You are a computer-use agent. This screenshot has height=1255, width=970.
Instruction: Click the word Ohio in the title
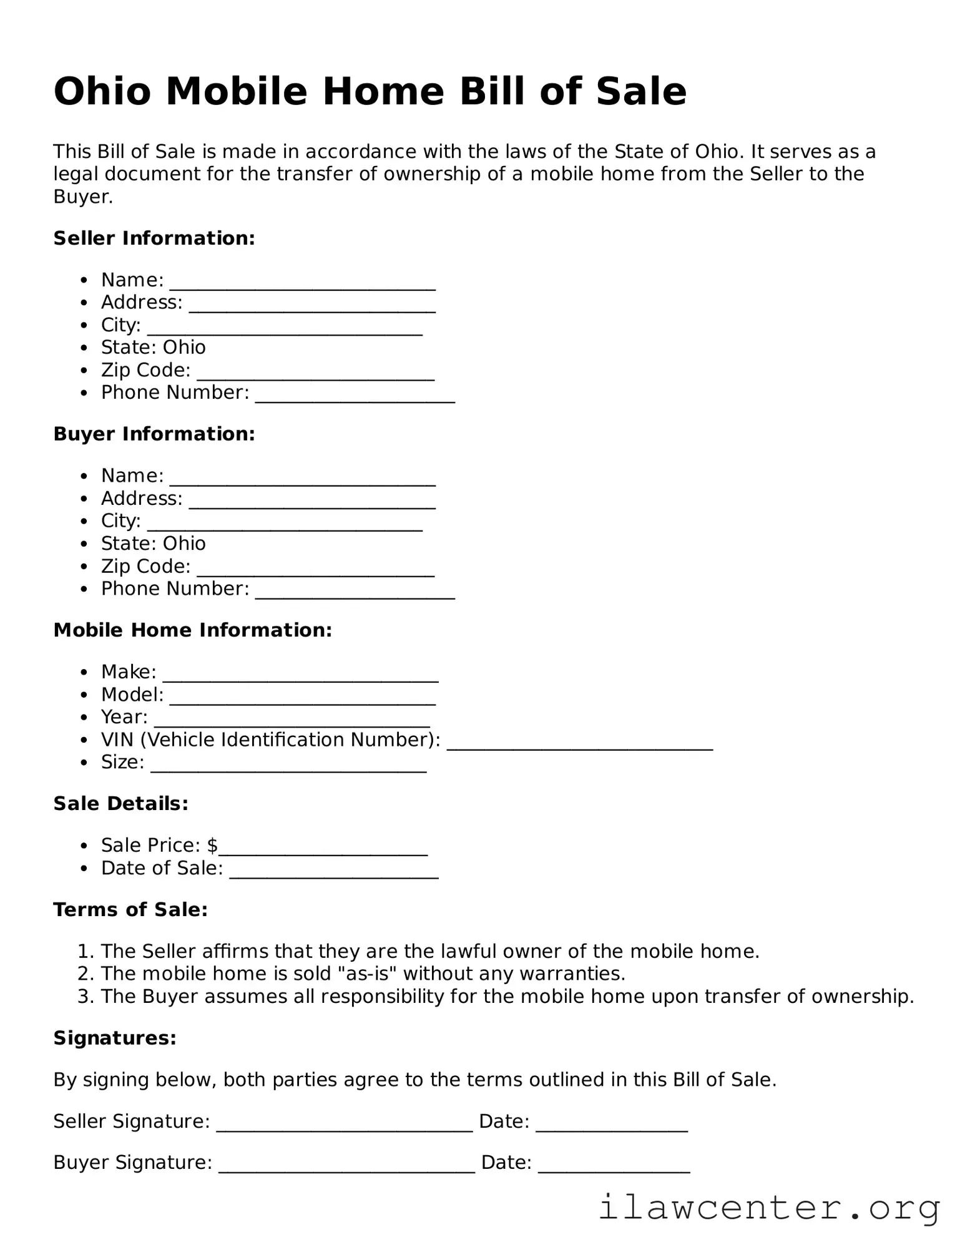click(x=102, y=92)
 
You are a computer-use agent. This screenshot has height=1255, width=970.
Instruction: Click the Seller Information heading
click(x=154, y=238)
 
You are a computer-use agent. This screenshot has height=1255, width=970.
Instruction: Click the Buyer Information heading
click(x=154, y=434)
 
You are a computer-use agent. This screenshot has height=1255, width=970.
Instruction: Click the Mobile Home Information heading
click(x=192, y=630)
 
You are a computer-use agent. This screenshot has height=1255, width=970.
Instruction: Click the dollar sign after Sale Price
click(x=213, y=846)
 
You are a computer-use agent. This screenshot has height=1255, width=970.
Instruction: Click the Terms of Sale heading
click(x=130, y=910)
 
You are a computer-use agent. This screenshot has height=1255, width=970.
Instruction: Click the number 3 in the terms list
click(x=84, y=996)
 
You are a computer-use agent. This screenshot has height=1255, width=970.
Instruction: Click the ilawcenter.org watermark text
click(x=769, y=1208)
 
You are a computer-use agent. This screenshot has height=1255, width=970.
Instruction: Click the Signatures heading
click(x=115, y=1038)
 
